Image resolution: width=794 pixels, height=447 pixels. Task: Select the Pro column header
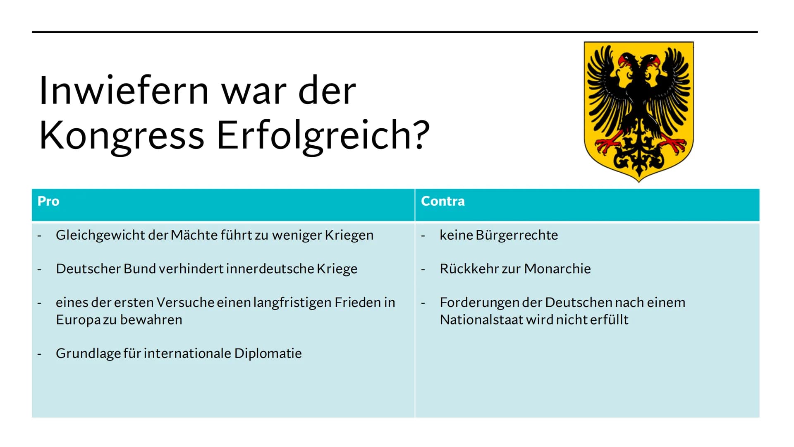[x=48, y=201]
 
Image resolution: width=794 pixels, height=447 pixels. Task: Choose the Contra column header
[x=443, y=201]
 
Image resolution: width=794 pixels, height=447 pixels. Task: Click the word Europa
[x=78, y=320]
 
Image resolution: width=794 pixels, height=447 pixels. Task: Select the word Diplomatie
[x=268, y=353]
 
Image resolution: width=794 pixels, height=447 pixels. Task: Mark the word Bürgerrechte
[x=517, y=235]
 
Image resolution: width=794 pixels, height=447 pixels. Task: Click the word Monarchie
[x=557, y=269]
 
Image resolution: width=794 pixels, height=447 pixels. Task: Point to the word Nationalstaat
[x=481, y=320]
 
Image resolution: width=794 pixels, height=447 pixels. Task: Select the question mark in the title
[x=421, y=134]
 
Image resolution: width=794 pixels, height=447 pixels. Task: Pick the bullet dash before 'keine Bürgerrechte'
[x=423, y=236]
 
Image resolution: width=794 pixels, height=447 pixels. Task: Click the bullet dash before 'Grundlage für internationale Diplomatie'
[x=39, y=354]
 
